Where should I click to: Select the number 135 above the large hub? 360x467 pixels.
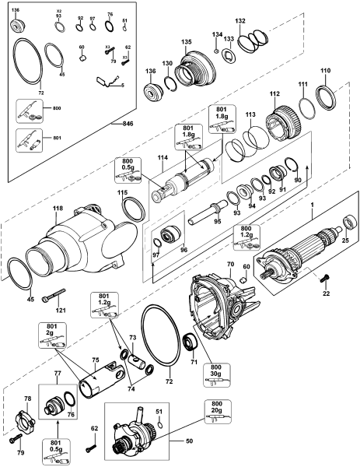pyautogui.click(x=186, y=41)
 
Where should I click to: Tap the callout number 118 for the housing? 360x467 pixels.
pyautogui.click(x=58, y=208)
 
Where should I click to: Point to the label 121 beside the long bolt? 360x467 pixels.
pyautogui.click(x=60, y=310)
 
